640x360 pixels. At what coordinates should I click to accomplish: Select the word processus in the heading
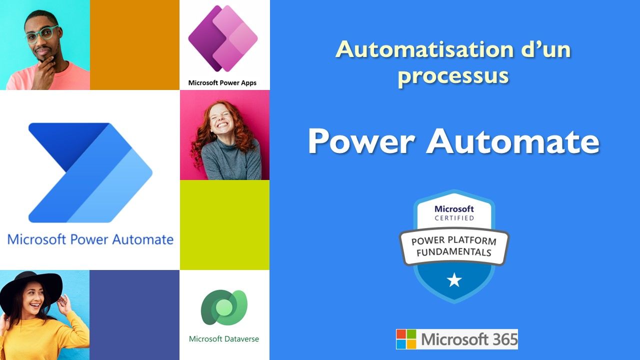[453, 76]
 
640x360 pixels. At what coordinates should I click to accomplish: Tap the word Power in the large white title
[361, 141]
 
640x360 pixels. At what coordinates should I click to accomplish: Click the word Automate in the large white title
[513, 141]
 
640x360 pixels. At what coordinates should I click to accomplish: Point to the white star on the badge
[454, 280]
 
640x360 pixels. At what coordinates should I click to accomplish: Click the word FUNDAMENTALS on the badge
[453, 252]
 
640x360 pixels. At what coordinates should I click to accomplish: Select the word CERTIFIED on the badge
[454, 218]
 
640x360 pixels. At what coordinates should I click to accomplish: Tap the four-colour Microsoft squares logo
[406, 339]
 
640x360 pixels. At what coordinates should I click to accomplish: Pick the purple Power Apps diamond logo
[223, 38]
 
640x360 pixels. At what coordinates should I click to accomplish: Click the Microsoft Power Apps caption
[222, 83]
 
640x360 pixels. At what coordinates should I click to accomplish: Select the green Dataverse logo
[224, 307]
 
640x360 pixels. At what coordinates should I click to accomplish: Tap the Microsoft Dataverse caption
[224, 339]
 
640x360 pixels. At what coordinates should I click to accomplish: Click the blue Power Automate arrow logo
[90, 172]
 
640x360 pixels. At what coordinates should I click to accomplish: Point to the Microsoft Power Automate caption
[90, 239]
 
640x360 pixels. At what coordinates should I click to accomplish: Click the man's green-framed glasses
[42, 34]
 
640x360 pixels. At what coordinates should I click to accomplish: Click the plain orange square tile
[134, 45]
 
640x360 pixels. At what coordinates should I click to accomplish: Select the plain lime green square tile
[224, 225]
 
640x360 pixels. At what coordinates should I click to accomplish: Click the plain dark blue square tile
[134, 315]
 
